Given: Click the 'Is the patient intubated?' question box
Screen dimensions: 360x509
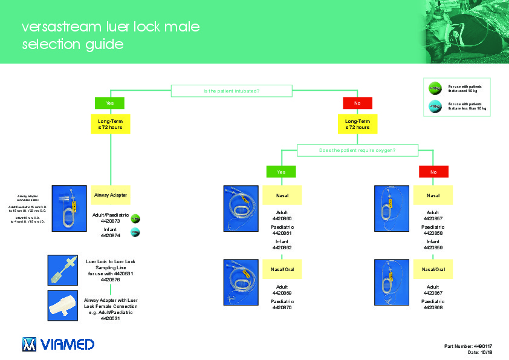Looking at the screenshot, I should pyautogui.click(x=232, y=91).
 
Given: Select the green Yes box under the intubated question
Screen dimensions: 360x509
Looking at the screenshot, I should pyautogui.click(x=109, y=103).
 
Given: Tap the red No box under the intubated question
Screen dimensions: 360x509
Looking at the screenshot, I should pyautogui.click(x=357, y=103).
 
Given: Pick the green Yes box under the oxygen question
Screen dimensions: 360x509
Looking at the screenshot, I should pyautogui.click(x=281, y=172).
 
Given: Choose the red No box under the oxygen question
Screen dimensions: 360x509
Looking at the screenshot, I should pyautogui.click(x=433, y=172).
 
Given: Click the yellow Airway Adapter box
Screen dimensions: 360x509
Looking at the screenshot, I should pyautogui.click(x=109, y=195).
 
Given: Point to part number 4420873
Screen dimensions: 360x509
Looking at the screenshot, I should pyautogui.click(x=109, y=221).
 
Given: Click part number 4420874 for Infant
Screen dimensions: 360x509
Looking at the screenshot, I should pyautogui.click(x=109, y=236).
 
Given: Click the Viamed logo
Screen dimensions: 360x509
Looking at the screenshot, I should pyautogui.click(x=58, y=344).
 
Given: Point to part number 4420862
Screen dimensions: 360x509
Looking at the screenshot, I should pyautogui.click(x=282, y=247).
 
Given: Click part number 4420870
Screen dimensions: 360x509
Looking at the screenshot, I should pyautogui.click(x=282, y=307).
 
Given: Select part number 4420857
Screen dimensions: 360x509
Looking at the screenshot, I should pyautogui.click(x=433, y=218).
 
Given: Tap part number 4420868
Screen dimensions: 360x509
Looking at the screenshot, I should pyautogui.click(x=433, y=307).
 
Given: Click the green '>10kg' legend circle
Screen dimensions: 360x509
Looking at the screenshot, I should pyautogui.click(x=434, y=89).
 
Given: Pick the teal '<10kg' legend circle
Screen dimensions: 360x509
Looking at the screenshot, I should pyautogui.click(x=434, y=106).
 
